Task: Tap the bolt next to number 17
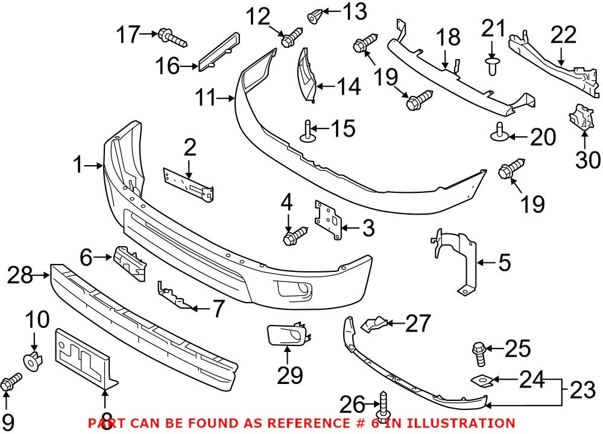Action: point(171,38)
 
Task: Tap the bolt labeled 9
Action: point(11,382)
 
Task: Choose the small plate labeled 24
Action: point(483,380)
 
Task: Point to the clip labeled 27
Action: point(371,325)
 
